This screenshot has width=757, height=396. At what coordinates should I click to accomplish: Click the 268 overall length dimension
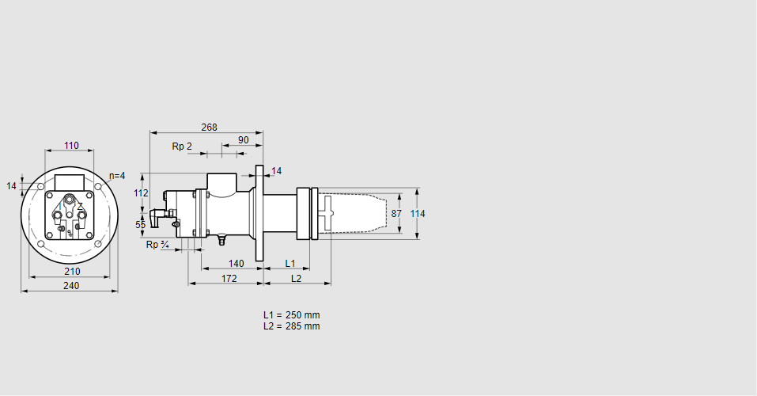[x=209, y=128]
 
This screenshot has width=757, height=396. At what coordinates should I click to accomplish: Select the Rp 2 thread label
[x=182, y=147]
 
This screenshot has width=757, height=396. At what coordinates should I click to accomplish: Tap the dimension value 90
[x=243, y=140]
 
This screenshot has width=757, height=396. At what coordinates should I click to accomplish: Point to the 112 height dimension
[x=141, y=193]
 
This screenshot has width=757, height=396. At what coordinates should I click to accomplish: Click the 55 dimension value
[x=141, y=226]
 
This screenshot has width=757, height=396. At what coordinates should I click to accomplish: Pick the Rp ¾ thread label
[x=157, y=245]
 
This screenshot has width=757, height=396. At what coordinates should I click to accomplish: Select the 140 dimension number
[x=236, y=263]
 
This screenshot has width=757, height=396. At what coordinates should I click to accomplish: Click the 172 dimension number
[x=229, y=278]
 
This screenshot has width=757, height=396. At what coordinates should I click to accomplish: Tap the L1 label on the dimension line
[x=290, y=263]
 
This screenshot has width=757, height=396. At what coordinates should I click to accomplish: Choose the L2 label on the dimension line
[x=296, y=278]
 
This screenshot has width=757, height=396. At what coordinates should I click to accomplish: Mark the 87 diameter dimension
[x=396, y=214]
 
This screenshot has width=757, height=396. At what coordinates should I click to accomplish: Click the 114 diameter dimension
[x=418, y=214]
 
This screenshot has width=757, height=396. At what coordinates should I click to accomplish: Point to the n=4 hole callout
[x=117, y=176]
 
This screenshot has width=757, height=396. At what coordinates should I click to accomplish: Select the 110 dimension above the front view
[x=71, y=146]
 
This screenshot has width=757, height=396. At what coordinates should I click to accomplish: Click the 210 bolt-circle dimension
[x=71, y=272]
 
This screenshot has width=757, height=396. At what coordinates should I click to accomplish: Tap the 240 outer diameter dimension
[x=71, y=286]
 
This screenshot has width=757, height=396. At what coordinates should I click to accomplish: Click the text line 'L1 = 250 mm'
[x=291, y=315]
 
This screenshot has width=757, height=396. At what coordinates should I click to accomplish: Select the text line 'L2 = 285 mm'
[x=291, y=326]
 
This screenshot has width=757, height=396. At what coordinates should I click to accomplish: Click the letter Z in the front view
[x=80, y=206]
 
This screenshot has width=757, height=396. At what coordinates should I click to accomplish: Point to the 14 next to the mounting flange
[x=276, y=171]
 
